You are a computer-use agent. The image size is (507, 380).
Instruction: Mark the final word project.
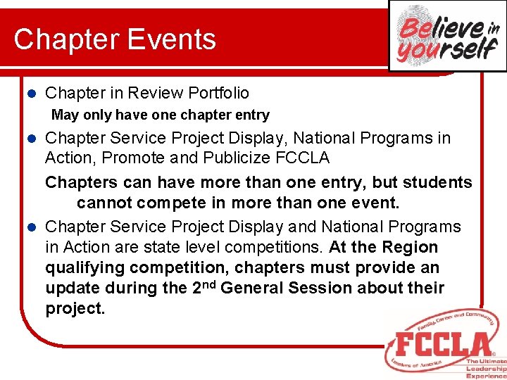pyautogui.click(x=75, y=309)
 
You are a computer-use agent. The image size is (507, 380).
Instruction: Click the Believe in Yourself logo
pyautogui.click(x=448, y=36)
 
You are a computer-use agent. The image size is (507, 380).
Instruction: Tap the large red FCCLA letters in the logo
pyautogui.click(x=443, y=344)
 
